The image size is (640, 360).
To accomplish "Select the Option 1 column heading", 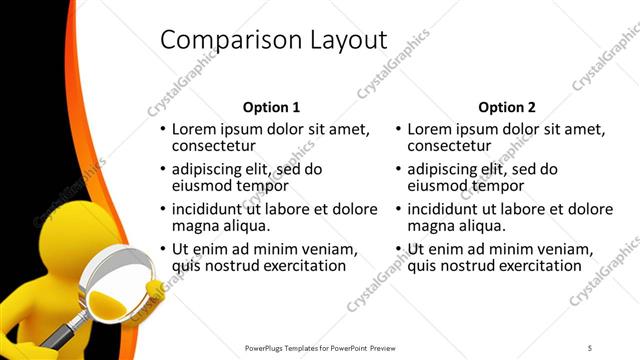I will click(x=271, y=107).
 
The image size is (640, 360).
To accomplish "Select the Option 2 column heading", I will click(x=507, y=107).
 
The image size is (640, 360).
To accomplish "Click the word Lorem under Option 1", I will click(x=194, y=130).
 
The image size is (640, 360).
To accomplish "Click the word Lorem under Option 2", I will click(x=430, y=130).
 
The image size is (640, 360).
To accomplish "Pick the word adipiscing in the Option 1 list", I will click(x=207, y=170).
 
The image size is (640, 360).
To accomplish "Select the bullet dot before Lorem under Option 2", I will click(x=399, y=131).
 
